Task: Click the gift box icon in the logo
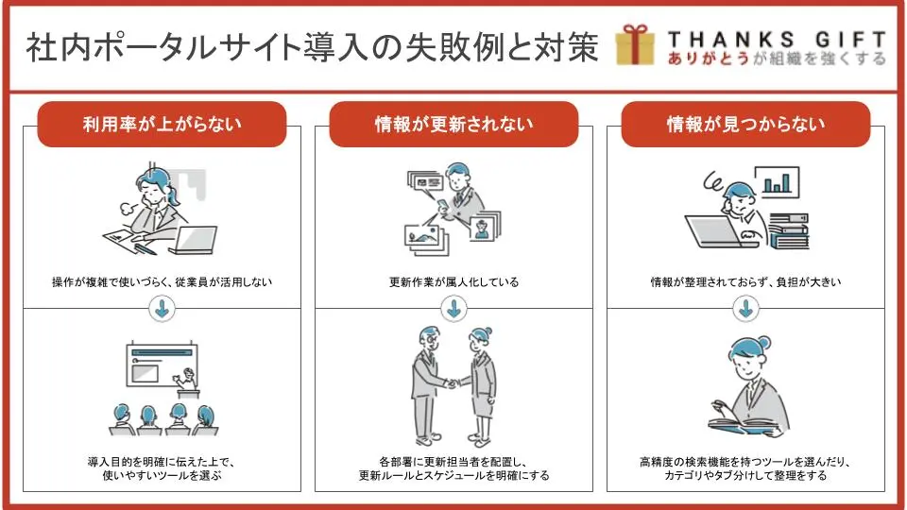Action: (635, 44)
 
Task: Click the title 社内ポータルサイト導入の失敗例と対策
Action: (313, 47)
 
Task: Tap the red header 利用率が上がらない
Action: (162, 125)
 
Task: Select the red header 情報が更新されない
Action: (453, 125)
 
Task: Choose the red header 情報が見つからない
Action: (745, 125)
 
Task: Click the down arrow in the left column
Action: (162, 309)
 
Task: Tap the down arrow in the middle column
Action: (454, 309)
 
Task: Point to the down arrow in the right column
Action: (745, 309)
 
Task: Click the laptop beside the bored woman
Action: (195, 240)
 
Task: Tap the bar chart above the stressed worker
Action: (777, 182)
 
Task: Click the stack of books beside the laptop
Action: (787, 230)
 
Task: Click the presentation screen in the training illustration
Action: (162, 365)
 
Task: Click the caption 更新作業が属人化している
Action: (454, 282)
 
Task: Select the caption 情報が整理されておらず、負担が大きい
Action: (745, 282)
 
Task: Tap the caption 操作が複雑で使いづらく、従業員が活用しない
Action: (162, 282)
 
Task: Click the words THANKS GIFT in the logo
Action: (777, 40)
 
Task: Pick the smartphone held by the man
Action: (441, 205)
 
